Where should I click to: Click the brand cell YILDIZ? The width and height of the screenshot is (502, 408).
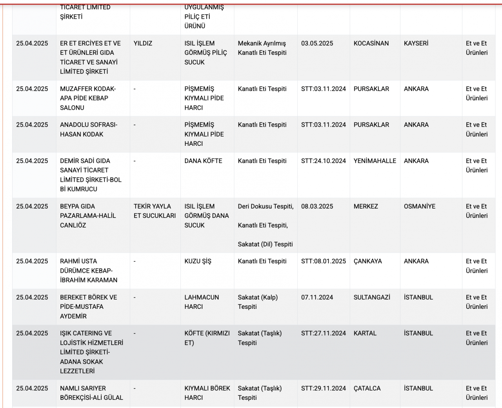pos(143,44)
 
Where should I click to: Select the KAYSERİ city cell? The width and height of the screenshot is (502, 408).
pos(416,44)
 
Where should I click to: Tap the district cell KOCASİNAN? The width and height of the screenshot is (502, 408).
pos(371,44)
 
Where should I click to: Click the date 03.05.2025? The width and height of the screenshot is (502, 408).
pos(317,44)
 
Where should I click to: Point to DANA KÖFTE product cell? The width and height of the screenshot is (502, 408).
pos(203,161)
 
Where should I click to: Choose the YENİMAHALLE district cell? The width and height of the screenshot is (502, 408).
pos(375,161)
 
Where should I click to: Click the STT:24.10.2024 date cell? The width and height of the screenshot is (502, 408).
pos(323,161)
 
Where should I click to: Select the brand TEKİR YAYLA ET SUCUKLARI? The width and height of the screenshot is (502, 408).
pos(155,211)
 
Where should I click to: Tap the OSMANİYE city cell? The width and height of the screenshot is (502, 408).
pos(419,207)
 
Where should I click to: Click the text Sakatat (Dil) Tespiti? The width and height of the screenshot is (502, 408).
pos(265,244)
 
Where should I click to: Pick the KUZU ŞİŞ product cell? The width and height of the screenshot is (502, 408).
pos(198,261)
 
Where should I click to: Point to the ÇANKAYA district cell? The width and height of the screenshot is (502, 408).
pos(367,261)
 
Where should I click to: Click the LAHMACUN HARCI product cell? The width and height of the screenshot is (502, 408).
pos(202,302)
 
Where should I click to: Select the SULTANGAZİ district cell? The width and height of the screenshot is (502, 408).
pos(372,297)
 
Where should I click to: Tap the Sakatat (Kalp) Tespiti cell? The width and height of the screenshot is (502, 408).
pos(258,302)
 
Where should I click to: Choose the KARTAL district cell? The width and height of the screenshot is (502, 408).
pos(365,334)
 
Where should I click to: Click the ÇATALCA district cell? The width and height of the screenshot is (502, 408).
pos(367,388)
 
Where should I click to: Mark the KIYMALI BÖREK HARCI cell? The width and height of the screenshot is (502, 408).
pos(207,393)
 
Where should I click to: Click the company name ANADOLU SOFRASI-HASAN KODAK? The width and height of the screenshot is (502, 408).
pos(89,130)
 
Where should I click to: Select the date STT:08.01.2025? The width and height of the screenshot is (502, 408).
pos(323,261)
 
